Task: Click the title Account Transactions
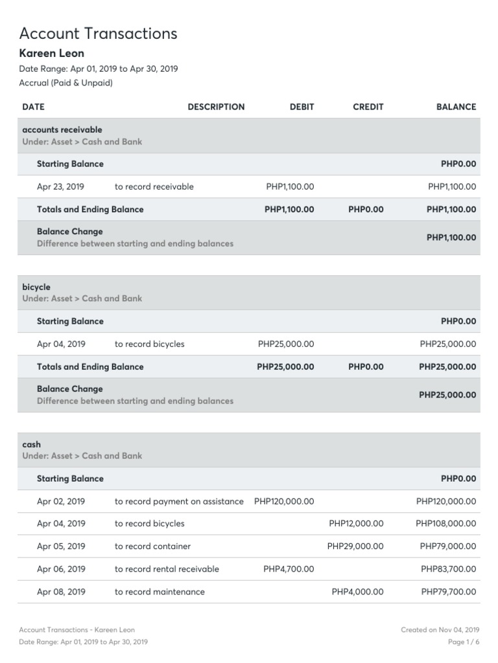(98, 33)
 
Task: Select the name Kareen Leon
(52, 53)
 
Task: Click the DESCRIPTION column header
(216, 107)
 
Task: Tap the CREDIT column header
(368, 107)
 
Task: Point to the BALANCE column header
(456, 107)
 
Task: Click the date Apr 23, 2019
(60, 186)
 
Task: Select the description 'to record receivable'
(154, 186)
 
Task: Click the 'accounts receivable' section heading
(62, 129)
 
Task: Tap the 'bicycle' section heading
(36, 287)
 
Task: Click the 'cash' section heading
(31, 444)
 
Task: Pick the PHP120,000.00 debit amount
(284, 501)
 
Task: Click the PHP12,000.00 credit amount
(356, 523)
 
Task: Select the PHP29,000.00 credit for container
(355, 546)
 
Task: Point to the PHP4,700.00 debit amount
(289, 569)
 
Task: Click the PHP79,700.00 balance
(448, 592)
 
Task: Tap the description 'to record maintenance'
(160, 592)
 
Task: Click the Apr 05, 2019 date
(61, 546)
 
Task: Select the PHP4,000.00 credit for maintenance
(357, 592)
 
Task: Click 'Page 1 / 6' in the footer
(464, 642)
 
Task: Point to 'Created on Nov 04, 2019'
(440, 629)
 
